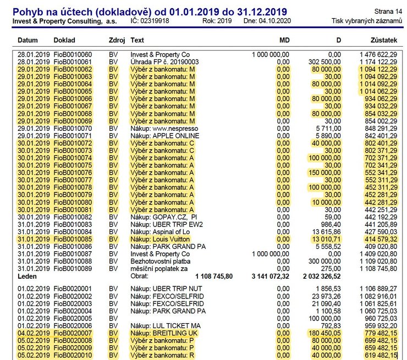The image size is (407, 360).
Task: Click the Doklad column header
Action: (64, 41)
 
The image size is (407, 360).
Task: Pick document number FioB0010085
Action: (73, 239)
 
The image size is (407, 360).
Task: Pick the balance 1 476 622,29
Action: (378, 55)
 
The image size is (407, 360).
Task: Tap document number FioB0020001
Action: (73, 289)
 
